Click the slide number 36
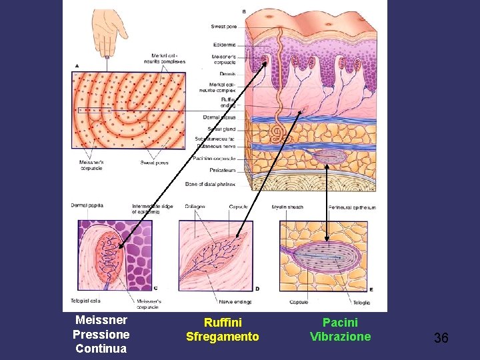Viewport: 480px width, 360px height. [x=441, y=338]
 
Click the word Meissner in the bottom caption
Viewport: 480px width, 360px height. [x=101, y=320]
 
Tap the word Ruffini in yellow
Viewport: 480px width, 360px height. [x=222, y=323]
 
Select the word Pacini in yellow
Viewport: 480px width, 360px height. [x=340, y=323]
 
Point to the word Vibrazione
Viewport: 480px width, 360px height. [x=340, y=337]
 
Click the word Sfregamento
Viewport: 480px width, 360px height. [x=222, y=337]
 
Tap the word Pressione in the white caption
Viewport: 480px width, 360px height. [x=101, y=334]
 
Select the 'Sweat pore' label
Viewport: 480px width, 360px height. [x=223, y=27]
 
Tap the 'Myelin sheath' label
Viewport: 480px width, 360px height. [x=287, y=207]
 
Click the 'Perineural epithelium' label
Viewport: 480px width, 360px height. [x=351, y=207]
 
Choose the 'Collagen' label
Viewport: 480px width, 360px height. [x=195, y=207]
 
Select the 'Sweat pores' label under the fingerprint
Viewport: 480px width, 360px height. [x=154, y=162]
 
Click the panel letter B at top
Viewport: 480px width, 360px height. [x=243, y=11]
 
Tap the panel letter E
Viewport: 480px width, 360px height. [x=371, y=289]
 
